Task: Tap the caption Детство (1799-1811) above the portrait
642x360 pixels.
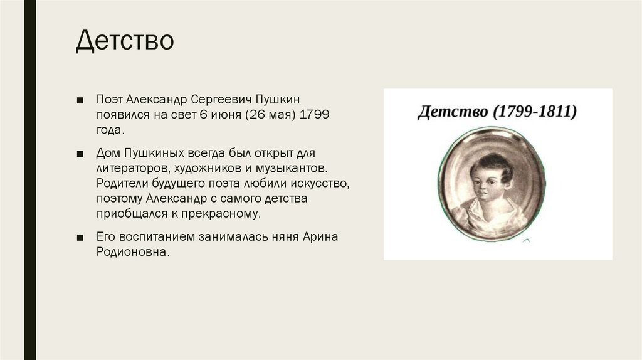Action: point(497,113)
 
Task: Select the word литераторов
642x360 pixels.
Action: point(129,169)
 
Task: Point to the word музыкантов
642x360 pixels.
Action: point(294,169)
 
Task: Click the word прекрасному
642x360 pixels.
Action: point(221,214)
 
